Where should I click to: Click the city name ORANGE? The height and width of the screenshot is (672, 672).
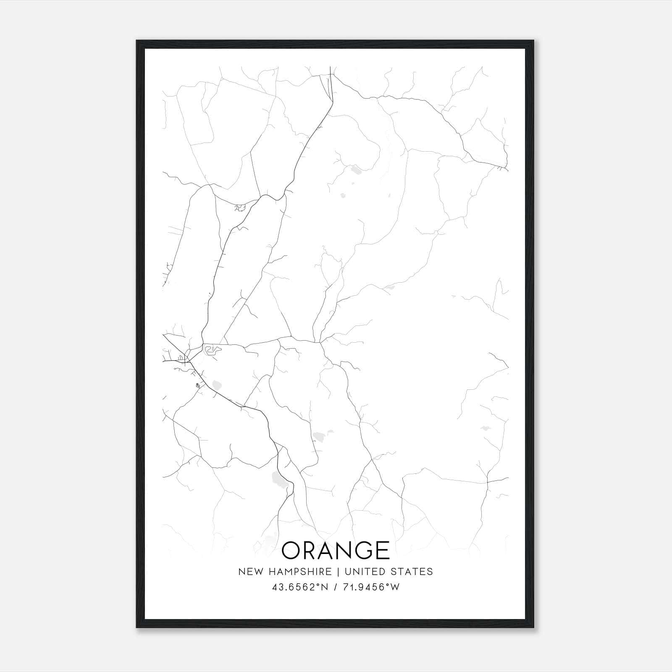tap(336, 550)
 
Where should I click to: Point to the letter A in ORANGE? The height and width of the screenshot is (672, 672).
tap(332, 550)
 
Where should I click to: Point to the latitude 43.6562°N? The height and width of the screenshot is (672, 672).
tap(299, 587)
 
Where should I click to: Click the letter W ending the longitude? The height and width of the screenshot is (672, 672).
tap(395, 587)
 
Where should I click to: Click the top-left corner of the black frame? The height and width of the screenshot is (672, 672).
tap(137, 41)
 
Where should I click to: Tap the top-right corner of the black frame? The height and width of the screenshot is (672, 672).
tap(533, 41)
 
